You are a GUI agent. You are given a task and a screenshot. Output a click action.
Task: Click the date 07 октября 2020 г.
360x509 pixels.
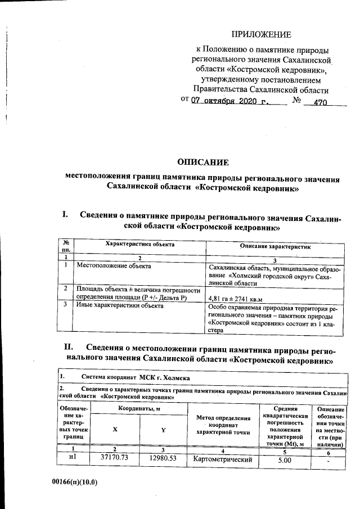click(x=231, y=102)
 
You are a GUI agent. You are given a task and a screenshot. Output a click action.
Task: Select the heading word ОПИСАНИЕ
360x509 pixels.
click(x=202, y=163)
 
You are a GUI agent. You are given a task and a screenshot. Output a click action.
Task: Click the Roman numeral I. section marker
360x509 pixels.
click(x=65, y=215)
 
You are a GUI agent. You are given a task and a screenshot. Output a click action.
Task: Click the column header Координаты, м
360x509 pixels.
click(x=138, y=408)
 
